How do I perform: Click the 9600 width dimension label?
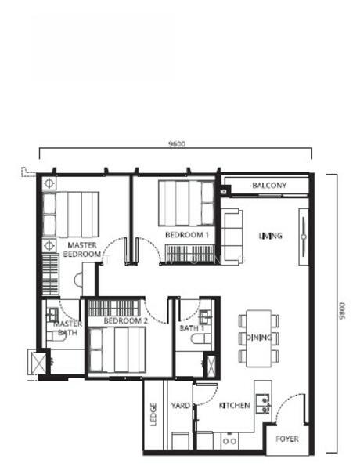tap(177, 144)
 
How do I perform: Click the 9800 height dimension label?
tap(342, 310)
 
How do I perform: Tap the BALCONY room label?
tap(269, 185)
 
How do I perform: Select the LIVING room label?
tap(271, 236)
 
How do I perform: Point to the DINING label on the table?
tap(259, 338)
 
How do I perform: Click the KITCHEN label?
tap(234, 405)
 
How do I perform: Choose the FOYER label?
tap(287, 439)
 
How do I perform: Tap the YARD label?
tap(181, 406)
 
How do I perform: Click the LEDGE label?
tap(153, 414)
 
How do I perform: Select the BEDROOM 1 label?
tap(187, 235)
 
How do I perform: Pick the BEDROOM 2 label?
tap(126, 320)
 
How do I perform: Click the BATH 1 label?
tap(192, 328)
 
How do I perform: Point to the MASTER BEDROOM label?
tap(82, 249)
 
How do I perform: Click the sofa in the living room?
tap(232, 237)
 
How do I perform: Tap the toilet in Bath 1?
tap(201, 339)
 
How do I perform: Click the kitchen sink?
tap(263, 404)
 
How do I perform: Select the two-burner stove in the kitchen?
tap(230, 441)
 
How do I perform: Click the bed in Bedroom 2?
tap(117, 349)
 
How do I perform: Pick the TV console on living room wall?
tap(304, 237)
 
